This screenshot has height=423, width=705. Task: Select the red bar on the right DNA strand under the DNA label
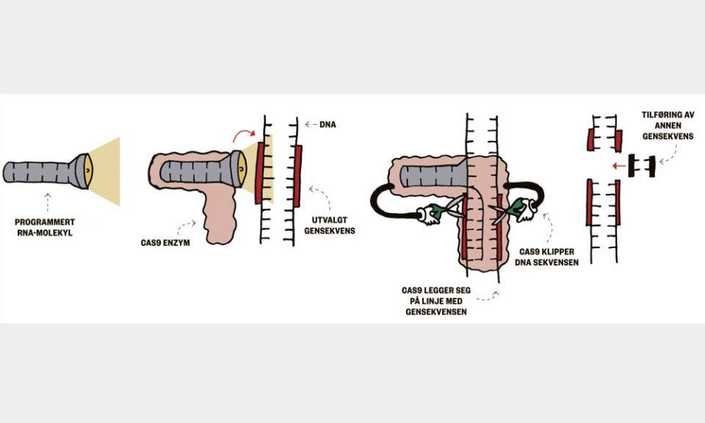coord(298,176)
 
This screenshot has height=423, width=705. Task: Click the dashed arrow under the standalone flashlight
coord(47,202)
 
